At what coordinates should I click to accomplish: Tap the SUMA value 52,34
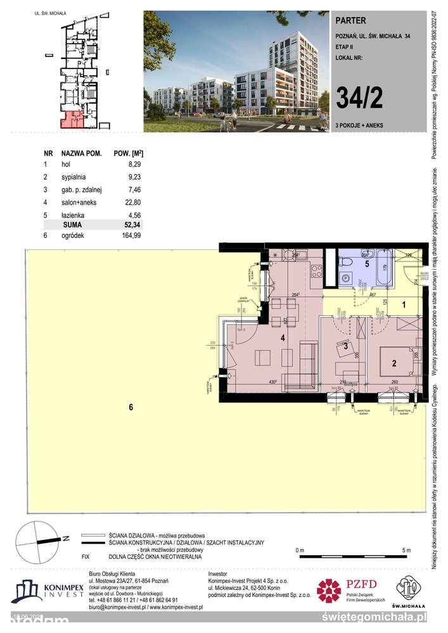pyautogui.click(x=134, y=225)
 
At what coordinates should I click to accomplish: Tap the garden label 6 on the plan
pyautogui.click(x=131, y=408)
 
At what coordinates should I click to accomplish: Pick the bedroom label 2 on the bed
pyautogui.click(x=394, y=363)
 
